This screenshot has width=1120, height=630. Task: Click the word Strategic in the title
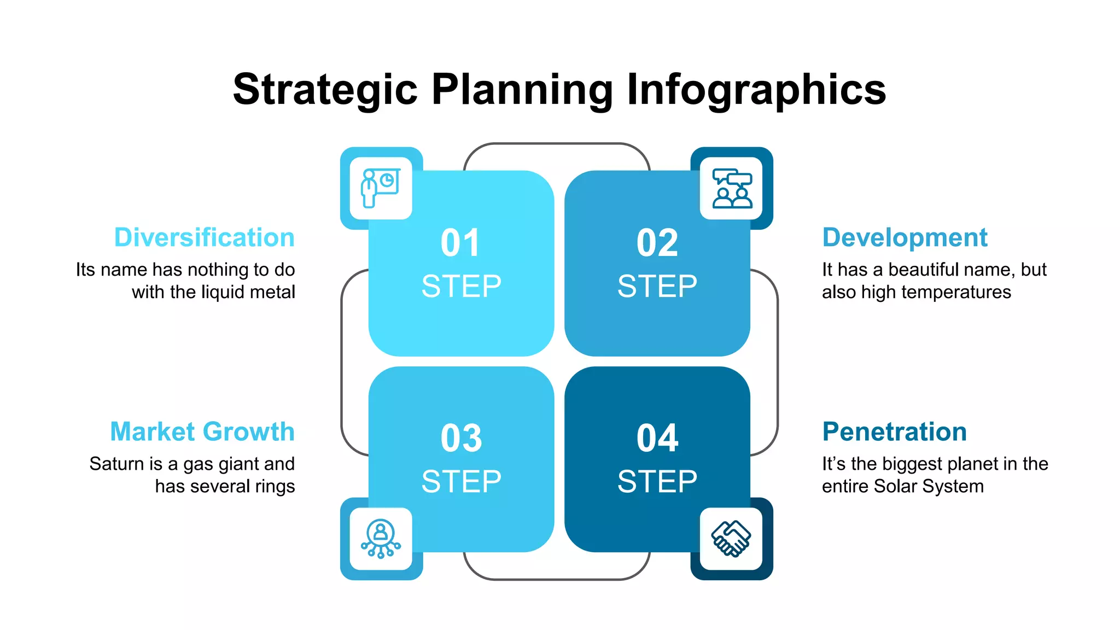325,90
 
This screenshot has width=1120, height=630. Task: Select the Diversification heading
204,238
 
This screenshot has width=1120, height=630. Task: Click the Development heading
905,238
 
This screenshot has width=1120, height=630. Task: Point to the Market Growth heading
202,432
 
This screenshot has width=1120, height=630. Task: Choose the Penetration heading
894,432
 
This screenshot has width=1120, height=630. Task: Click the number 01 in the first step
460,243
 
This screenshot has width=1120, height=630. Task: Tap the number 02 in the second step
657,243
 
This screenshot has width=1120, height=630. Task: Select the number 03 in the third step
461,438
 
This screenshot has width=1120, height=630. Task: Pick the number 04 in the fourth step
657,438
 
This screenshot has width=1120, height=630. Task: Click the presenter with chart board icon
381,188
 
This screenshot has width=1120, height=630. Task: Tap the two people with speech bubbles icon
732,188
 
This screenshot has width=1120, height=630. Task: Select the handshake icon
731,539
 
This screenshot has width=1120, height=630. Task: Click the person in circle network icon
381,539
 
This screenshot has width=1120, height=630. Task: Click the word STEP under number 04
657,482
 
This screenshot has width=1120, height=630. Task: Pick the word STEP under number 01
461,287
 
